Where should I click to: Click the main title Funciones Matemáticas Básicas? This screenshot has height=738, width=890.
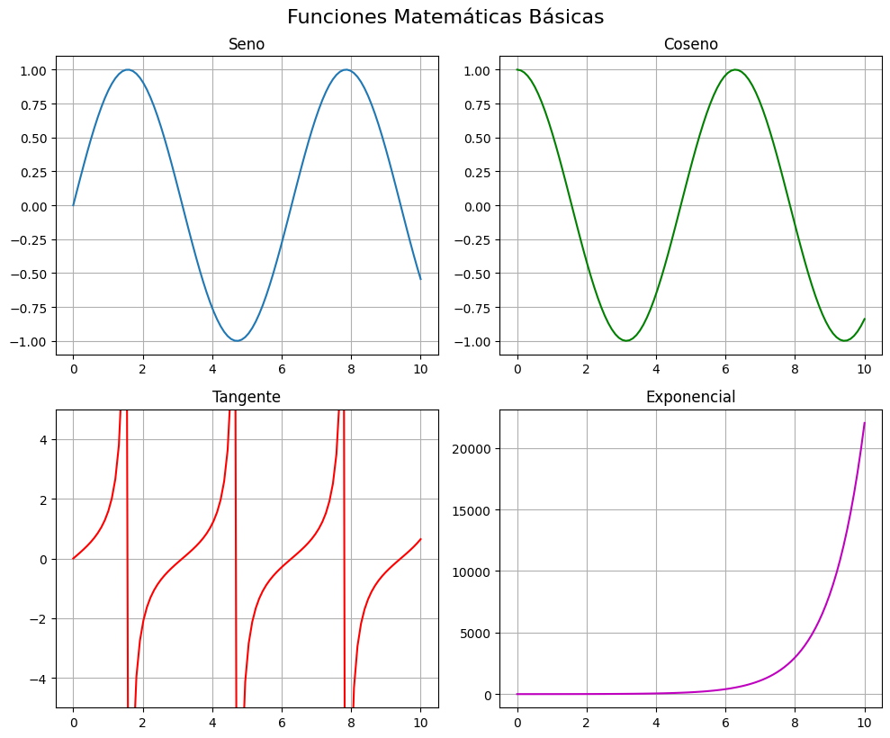(445, 17)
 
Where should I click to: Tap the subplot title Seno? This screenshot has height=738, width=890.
(247, 44)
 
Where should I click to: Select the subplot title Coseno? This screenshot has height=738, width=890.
(690, 44)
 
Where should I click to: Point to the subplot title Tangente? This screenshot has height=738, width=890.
(247, 397)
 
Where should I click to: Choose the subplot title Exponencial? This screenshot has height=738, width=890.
(690, 397)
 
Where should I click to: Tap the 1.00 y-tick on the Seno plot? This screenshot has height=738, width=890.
(33, 70)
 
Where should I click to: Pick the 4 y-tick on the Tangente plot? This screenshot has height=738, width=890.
(42, 439)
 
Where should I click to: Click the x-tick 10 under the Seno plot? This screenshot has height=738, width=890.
(420, 368)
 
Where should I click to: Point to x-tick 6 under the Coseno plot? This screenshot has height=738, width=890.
(725, 368)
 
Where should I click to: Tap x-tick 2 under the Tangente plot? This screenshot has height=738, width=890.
(142, 721)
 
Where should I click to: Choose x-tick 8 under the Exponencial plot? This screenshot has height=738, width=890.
(795, 721)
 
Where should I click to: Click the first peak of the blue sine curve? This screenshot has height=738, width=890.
(128, 70)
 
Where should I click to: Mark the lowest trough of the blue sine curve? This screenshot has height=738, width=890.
(237, 341)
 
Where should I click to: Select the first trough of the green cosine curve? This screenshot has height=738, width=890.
(626, 341)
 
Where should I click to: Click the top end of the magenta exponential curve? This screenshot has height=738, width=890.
(865, 423)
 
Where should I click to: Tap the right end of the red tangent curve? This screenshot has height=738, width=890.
(420, 539)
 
